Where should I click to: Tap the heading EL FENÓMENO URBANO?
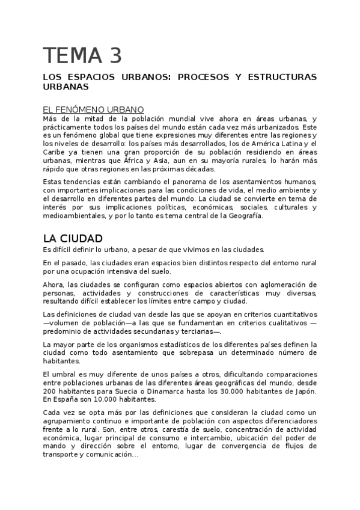pyautogui.click(x=93, y=109)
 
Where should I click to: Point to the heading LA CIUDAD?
pyautogui.click(x=73, y=238)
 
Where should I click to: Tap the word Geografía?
pyautogui.click(x=243, y=216)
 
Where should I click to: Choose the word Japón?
pyautogui.click(x=303, y=393)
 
